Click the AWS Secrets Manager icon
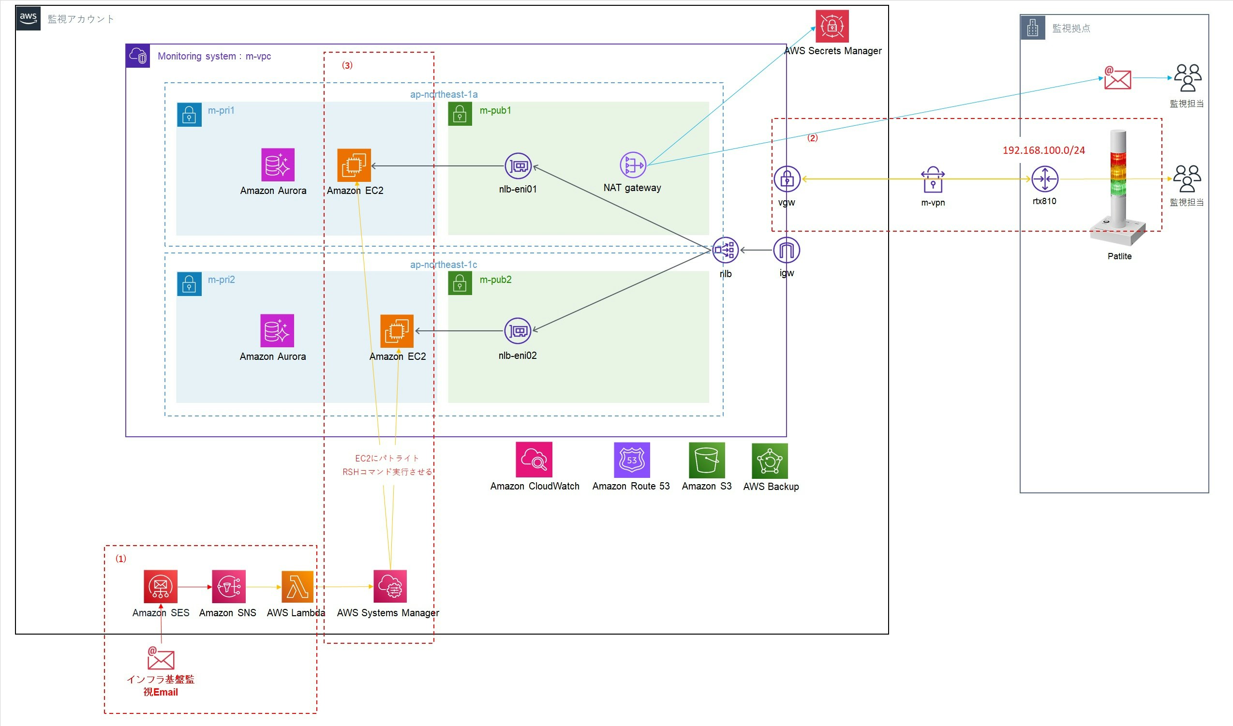coord(832,27)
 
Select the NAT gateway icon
coord(633,165)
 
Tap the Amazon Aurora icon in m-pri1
coord(278,165)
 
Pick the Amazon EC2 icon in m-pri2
coord(397,331)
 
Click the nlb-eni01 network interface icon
coord(518,166)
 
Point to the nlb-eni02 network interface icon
coord(518,331)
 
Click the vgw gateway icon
coord(787,179)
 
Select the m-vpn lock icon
coord(933,180)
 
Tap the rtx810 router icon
coord(1045,179)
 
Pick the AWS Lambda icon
coord(297,587)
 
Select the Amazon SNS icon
coord(228,587)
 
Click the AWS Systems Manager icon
coord(390,587)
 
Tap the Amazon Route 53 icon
coord(632,460)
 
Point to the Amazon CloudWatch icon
coord(534,460)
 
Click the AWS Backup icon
coord(770,461)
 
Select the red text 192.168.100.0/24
coord(1044,151)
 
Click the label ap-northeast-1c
coord(443,265)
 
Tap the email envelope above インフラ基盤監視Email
coord(161,658)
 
